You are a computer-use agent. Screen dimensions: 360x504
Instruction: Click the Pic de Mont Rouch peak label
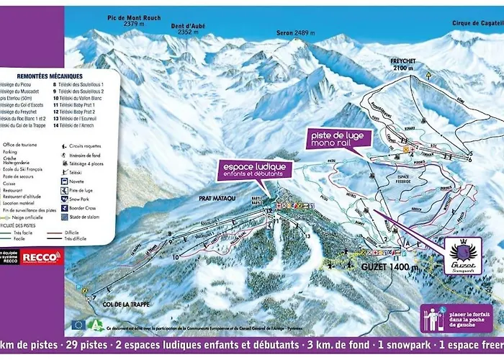tap(133, 18)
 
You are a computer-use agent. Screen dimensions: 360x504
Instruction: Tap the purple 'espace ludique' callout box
tap(256, 171)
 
